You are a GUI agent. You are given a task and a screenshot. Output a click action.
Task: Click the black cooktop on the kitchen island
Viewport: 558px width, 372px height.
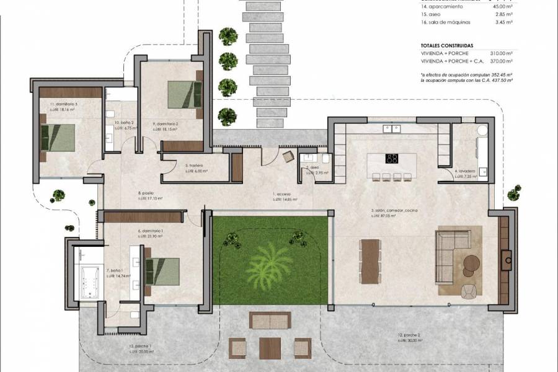click(392, 159)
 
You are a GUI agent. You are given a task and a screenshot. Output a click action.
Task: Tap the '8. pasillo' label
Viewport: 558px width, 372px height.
click(146, 193)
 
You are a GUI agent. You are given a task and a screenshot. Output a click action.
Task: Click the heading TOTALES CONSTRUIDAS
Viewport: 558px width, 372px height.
click(447, 45)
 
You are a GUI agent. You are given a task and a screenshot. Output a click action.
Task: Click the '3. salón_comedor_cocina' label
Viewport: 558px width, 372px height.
click(394, 211)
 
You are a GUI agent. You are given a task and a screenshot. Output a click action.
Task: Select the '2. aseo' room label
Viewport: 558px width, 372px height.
click(312, 168)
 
